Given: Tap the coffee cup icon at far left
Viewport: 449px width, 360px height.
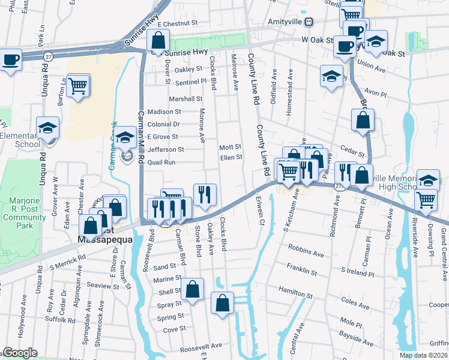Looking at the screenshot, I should [10, 60].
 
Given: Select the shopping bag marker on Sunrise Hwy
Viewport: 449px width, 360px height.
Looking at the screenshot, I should [158, 41].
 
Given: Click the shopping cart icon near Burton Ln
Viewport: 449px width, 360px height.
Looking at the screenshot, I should [78, 86].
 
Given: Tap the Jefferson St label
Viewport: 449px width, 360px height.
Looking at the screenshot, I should [165, 149].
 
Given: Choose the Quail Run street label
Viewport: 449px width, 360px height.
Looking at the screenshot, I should [161, 162].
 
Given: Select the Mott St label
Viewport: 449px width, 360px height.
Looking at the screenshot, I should [230, 146].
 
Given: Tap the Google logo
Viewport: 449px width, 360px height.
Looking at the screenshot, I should [20, 353].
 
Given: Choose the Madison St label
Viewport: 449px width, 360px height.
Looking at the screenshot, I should [164, 112].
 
